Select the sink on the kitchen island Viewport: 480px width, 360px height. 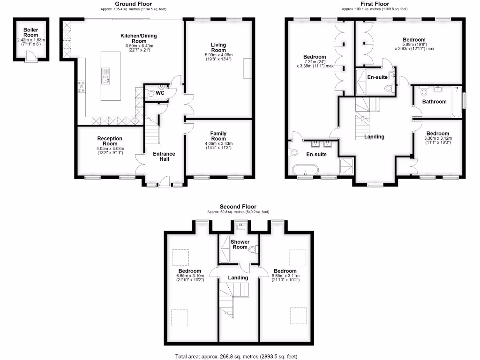click(x=105, y=75)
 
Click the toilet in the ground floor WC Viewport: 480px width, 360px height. click(x=151, y=94)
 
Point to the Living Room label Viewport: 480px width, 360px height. click(x=218, y=47)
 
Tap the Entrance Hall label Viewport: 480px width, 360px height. click(x=164, y=156)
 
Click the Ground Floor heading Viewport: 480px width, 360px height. click(x=133, y=4)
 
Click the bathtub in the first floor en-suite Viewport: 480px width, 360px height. click(x=305, y=170)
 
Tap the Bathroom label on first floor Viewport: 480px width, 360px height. click(x=434, y=101)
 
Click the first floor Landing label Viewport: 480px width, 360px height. click(x=374, y=137)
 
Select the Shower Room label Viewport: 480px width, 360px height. click(x=240, y=244)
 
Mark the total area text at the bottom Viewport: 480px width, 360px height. click(x=236, y=356)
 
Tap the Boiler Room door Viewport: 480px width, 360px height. click(x=30, y=56)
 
